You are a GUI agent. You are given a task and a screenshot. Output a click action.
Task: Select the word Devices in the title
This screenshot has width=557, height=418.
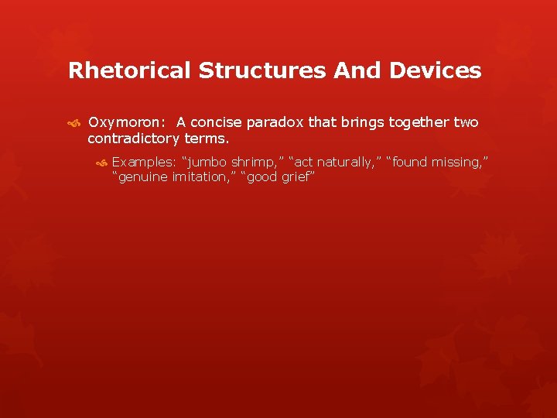pyautogui.click(x=436, y=71)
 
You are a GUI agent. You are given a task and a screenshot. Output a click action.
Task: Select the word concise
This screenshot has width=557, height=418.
pyautogui.click(x=219, y=122)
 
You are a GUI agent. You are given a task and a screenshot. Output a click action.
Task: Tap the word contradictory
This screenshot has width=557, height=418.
pyautogui.click(x=134, y=139)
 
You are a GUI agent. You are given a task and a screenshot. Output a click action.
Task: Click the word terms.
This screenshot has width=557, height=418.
pyautogui.click(x=207, y=139)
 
